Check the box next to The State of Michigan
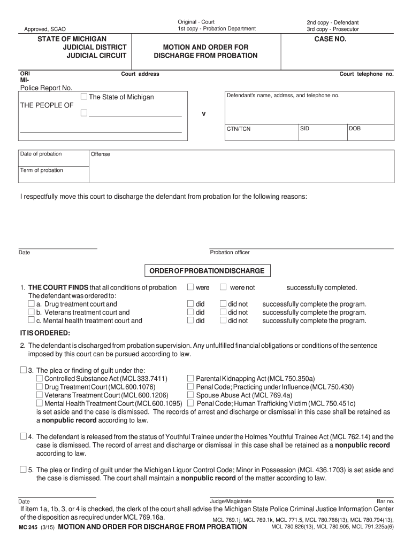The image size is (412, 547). tap(84, 97)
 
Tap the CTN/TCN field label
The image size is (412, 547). tap(239, 129)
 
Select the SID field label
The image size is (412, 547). tap(304, 129)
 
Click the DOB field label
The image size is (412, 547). tap(355, 129)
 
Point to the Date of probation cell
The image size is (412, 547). tap(41, 154)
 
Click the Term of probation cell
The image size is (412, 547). tap(42, 170)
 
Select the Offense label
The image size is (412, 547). tap(101, 154)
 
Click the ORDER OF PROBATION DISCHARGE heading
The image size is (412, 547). tap(207, 271)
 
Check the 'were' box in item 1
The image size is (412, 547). tap(190, 287)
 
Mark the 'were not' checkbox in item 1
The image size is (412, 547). tap(223, 287)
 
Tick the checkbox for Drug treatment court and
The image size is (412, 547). tap(31, 304)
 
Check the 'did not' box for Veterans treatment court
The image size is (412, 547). tap(223, 312)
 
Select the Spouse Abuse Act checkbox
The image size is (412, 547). tap(190, 395)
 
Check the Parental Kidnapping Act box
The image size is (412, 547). tap(190, 378)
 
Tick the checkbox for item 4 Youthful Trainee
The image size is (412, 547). tap(22, 436)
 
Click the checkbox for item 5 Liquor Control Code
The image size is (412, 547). tap(22, 470)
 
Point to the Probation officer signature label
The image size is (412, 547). tap(230, 252)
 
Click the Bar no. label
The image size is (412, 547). tap(385, 502)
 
